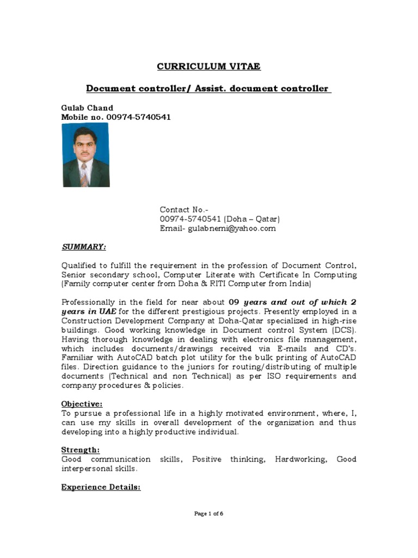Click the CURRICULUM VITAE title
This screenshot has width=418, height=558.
click(209, 66)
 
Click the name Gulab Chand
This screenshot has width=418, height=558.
click(87, 108)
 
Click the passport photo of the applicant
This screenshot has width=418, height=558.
click(85, 155)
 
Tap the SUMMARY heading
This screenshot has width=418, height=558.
click(83, 247)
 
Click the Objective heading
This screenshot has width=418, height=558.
click(82, 404)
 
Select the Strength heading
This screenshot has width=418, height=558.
click(81, 450)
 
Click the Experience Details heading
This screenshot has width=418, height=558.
click(101, 487)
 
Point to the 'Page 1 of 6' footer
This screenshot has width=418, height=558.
click(209, 513)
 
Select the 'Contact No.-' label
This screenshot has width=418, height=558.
click(184, 210)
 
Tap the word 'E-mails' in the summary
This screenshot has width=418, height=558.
click(296, 349)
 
